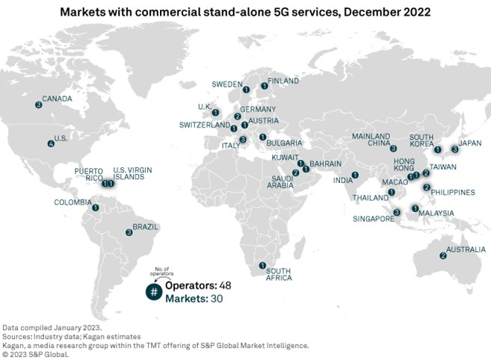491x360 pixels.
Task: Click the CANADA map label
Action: point(57,98)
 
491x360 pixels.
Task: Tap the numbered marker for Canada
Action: point(38,105)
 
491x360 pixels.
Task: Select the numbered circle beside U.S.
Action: point(51,143)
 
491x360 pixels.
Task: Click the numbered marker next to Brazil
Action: point(129,232)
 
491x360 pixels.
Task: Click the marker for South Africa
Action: point(262,265)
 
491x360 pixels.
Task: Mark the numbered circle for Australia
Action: point(443,256)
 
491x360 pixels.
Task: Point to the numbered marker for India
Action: point(355,176)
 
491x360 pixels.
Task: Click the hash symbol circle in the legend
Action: point(153,292)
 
